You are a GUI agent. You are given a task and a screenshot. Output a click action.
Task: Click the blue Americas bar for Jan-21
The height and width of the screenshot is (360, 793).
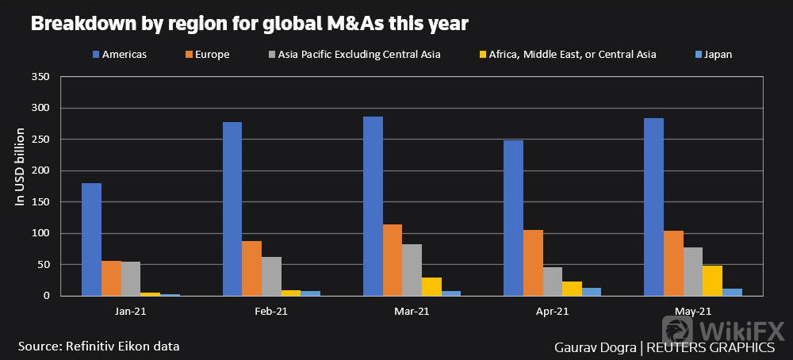[91, 239]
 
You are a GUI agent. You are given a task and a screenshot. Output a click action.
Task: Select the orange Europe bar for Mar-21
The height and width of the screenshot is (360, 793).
[393, 260]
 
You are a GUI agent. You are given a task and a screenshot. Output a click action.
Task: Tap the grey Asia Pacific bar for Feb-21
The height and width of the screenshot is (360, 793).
[271, 276]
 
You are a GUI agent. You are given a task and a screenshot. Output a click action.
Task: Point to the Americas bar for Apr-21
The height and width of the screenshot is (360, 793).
[513, 218]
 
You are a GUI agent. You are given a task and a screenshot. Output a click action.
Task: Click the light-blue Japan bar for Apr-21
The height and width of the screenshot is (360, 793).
[592, 292]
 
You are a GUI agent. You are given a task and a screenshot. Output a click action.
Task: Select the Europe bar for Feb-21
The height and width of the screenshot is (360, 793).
[251, 268]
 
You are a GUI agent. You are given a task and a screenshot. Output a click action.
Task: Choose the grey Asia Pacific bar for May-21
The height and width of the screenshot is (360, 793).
[693, 271]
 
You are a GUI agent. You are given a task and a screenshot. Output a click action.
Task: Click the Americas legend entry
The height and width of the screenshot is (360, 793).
[119, 55]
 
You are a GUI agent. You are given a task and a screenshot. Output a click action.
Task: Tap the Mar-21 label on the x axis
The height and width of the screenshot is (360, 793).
[412, 312]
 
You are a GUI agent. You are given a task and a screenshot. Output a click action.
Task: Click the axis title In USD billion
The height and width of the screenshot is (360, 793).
[21, 167]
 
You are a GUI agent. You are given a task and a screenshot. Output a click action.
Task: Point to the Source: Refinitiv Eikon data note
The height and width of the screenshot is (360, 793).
[98, 346]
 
